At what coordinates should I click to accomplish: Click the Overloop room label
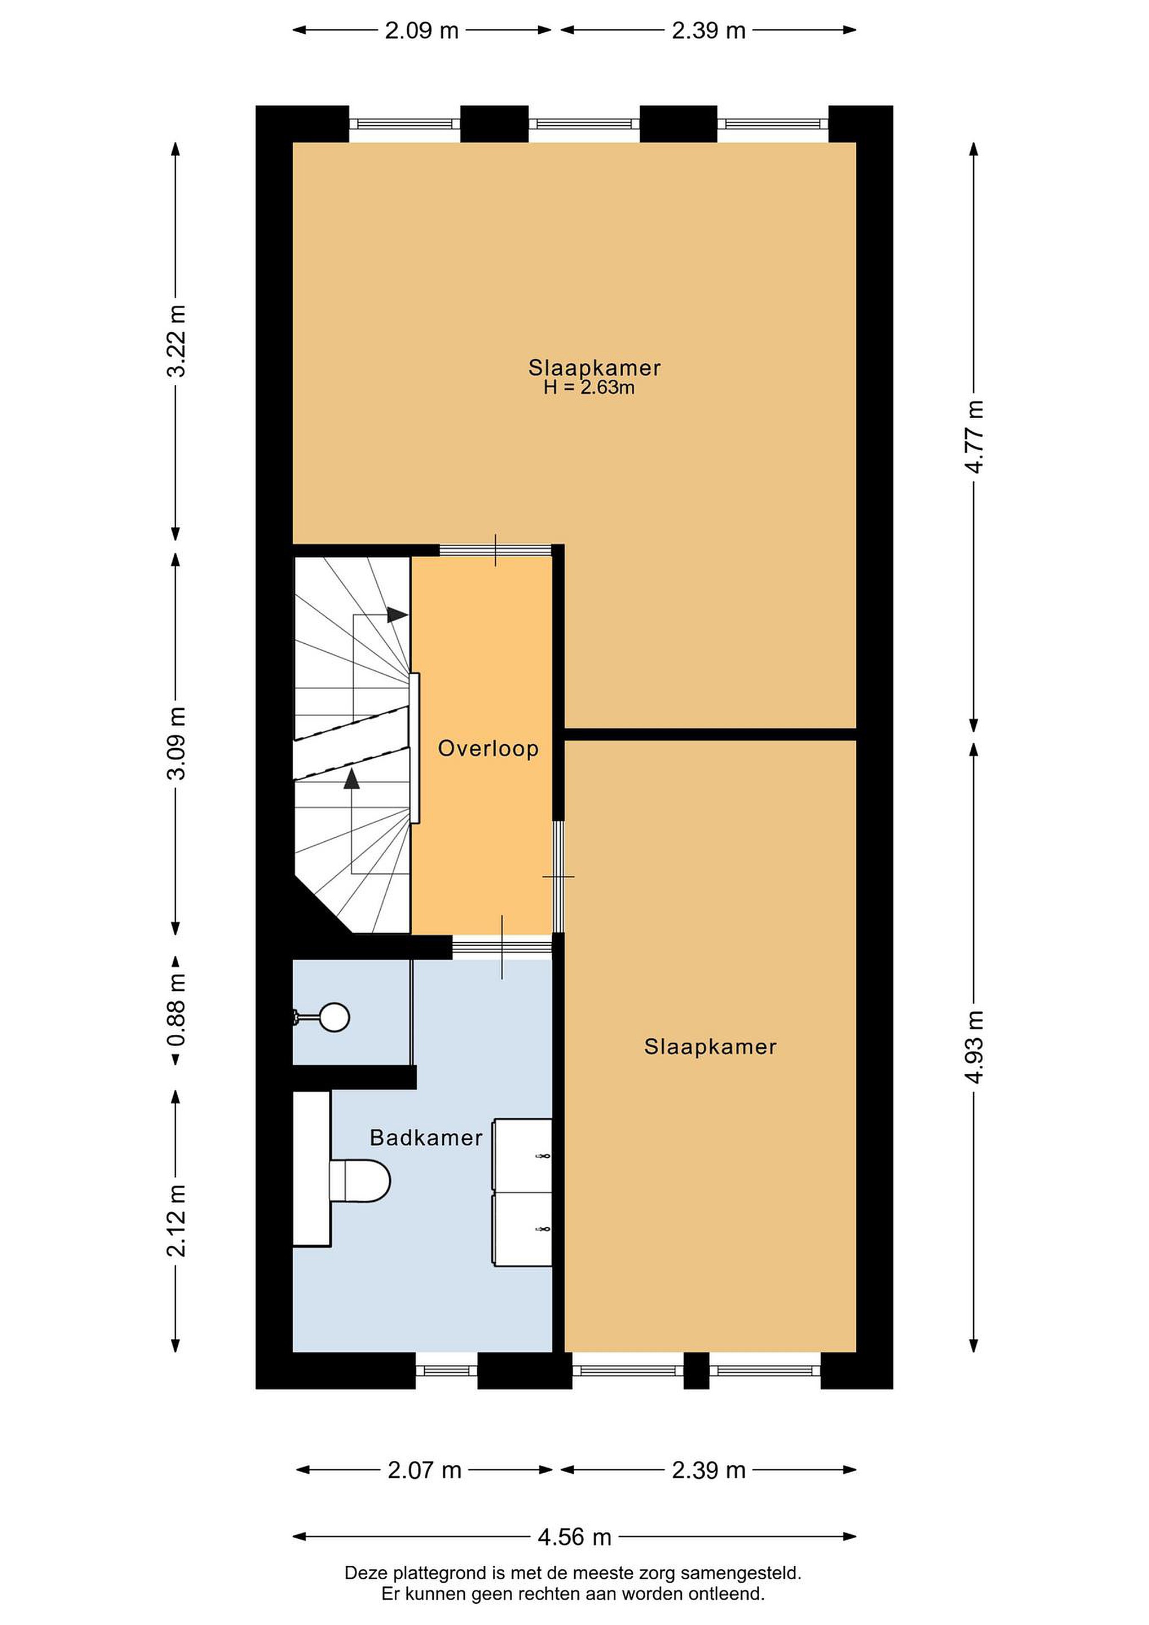click(488, 748)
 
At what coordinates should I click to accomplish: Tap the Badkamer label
click(426, 1137)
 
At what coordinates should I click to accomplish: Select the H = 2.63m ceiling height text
click(589, 387)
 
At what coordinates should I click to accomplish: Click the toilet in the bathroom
click(359, 1180)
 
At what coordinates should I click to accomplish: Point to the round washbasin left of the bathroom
click(334, 1017)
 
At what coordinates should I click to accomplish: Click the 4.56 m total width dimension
click(574, 1536)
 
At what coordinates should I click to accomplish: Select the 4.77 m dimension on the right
click(974, 437)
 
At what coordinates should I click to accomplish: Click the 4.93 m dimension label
click(974, 1047)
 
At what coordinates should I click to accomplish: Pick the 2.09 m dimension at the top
click(422, 30)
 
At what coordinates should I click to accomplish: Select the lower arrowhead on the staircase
click(351, 779)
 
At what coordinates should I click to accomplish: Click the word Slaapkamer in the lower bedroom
click(710, 1047)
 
